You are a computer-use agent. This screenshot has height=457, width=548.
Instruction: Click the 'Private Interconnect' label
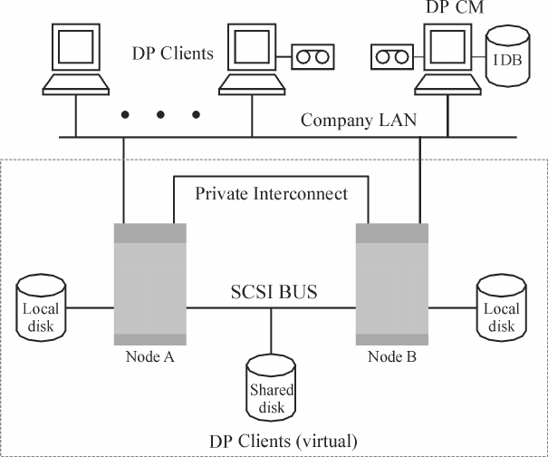coord(270,193)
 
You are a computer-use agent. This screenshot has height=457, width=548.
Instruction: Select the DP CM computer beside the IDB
coord(446,62)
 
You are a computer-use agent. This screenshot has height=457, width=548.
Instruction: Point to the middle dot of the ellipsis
coord(161,115)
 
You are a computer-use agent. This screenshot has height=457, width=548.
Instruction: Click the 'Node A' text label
coord(149,356)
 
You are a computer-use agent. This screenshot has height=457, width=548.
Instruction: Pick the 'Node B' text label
coord(392,356)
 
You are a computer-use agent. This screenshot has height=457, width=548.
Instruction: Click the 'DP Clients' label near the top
coord(173,53)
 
